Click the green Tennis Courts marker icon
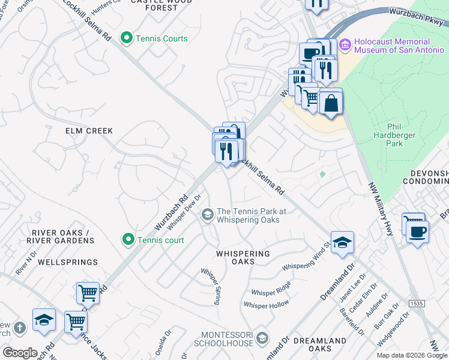pos(127,38)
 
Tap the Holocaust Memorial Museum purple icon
pos(345,45)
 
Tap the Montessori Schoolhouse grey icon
pos(262,338)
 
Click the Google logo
pos(20,353)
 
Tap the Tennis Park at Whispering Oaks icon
pos(208,215)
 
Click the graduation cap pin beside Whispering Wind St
pos(342,242)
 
